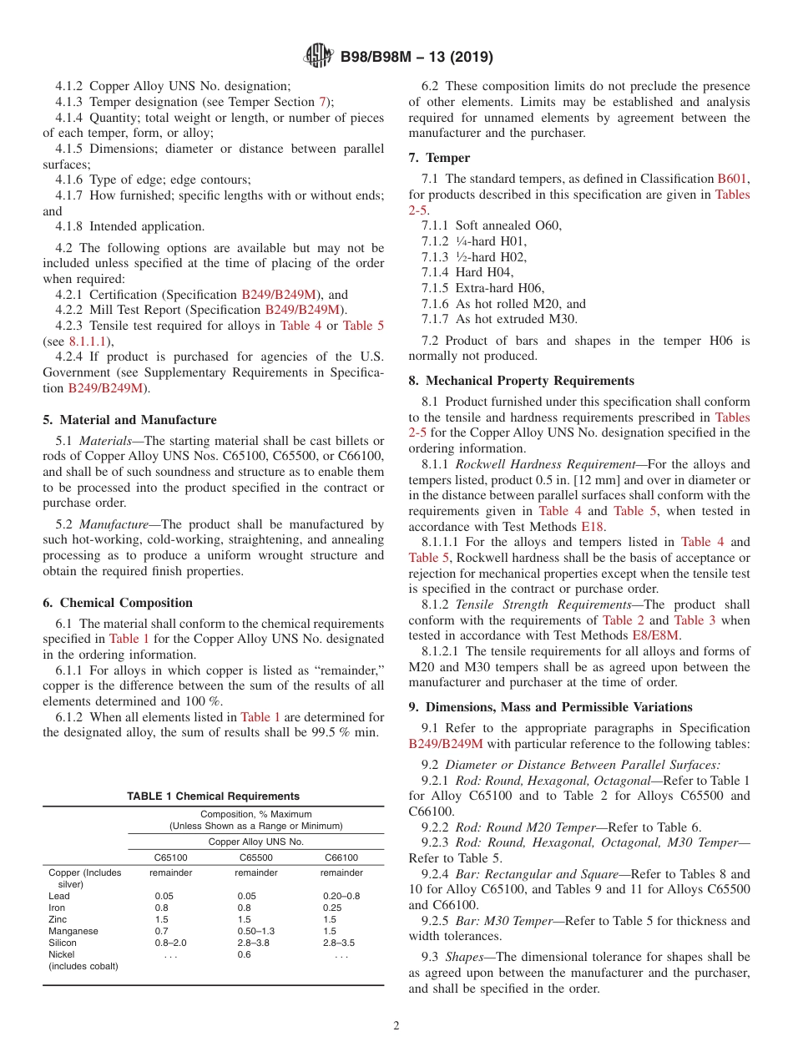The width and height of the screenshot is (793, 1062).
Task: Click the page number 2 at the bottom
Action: coord(396,1025)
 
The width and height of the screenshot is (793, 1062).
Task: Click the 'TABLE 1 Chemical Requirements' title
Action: coord(213,796)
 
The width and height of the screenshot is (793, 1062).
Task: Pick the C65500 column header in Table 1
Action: coord(256,857)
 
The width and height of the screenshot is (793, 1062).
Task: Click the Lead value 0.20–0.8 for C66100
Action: coord(341,896)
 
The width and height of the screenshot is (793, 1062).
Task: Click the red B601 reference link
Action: coord(733,179)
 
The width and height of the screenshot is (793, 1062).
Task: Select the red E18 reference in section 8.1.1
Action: coord(591,527)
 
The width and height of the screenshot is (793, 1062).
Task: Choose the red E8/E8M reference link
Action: coord(657,635)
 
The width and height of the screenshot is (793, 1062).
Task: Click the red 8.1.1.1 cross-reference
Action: coord(88,341)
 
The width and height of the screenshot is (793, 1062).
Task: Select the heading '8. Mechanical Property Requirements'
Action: coord(521,381)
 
